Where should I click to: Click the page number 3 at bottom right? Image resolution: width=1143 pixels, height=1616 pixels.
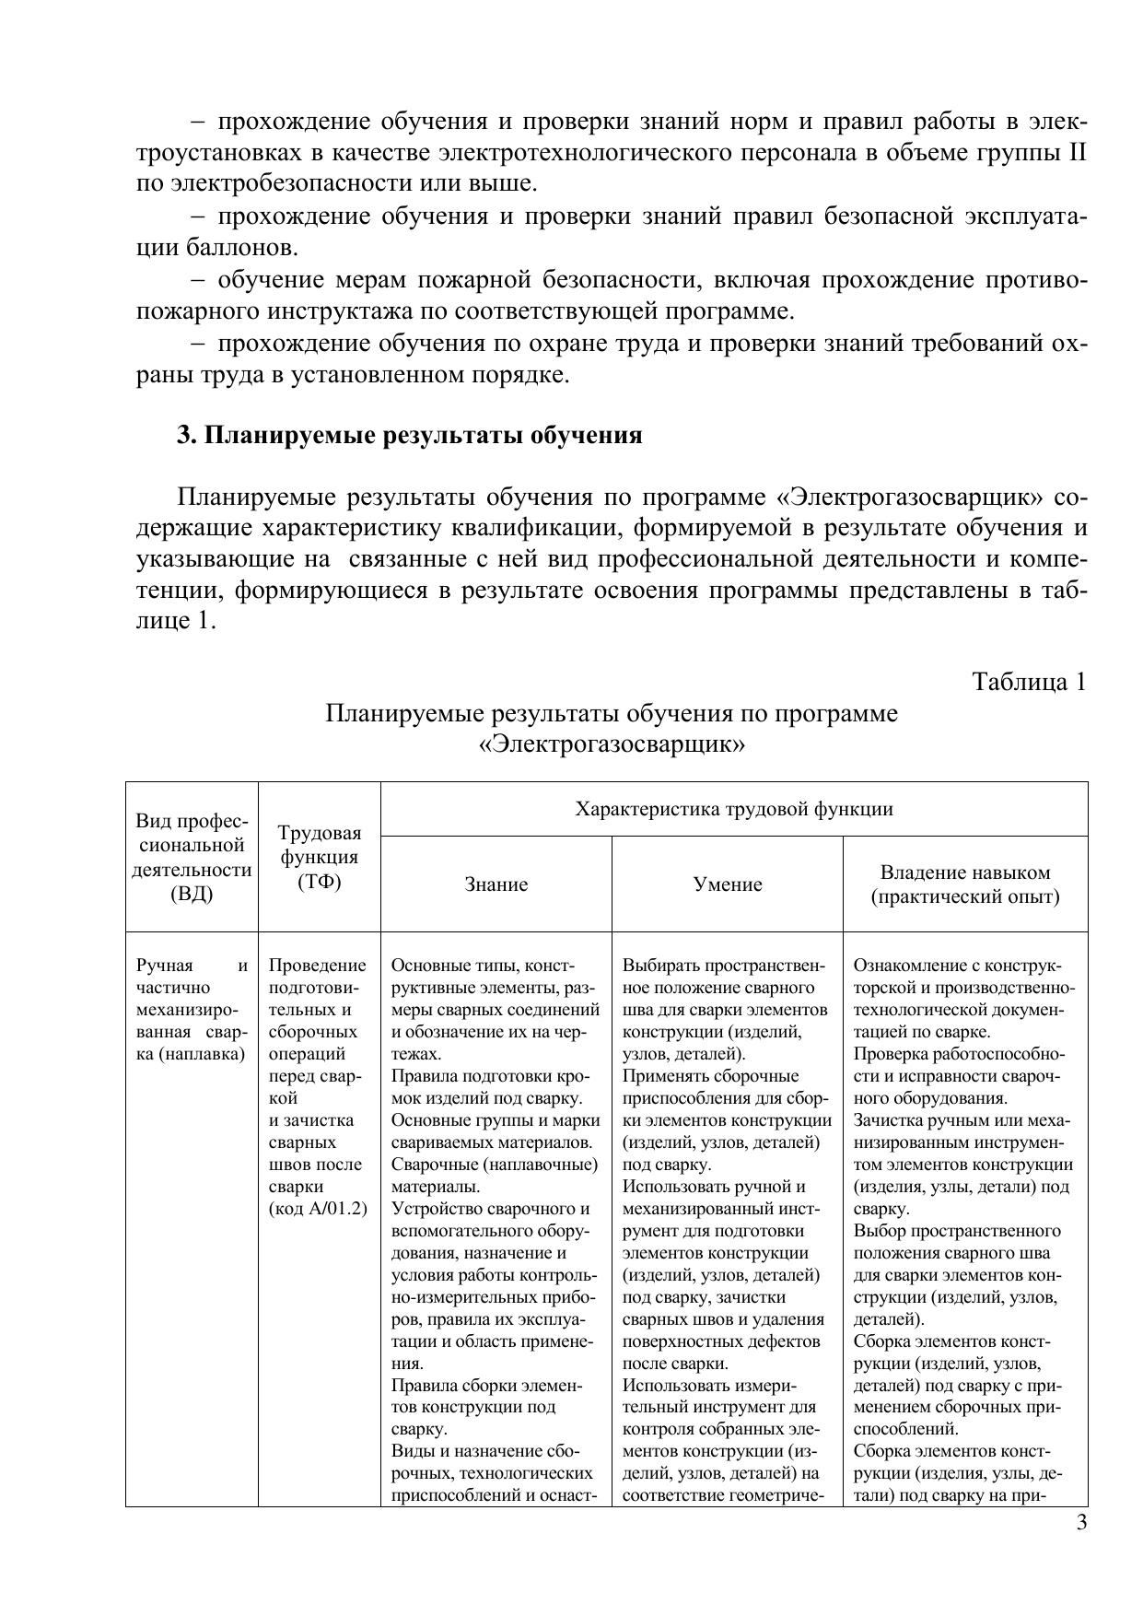[1081, 1522]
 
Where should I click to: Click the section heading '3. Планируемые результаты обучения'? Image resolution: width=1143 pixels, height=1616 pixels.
[409, 436]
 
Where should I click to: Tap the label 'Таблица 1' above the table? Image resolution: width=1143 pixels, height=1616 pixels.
[1029, 682]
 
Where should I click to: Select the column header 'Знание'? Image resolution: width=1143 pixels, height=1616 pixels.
[496, 884]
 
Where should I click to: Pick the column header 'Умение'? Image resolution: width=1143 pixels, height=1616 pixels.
[728, 884]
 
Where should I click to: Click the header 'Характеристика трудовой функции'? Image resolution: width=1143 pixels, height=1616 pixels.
[734, 810]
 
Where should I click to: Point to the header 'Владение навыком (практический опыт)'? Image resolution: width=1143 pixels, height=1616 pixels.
[965, 884]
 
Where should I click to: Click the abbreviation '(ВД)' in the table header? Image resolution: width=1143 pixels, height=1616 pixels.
[192, 894]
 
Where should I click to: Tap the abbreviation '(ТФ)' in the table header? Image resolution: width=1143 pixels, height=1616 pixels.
[319, 882]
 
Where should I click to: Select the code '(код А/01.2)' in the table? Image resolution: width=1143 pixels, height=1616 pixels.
[318, 1209]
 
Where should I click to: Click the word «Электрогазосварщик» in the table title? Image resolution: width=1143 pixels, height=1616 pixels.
[612, 744]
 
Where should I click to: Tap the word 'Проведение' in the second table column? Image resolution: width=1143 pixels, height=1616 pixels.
[317, 966]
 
